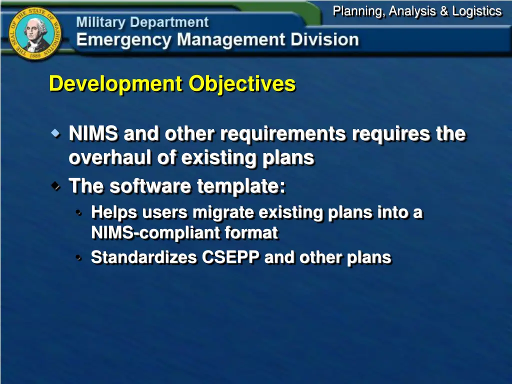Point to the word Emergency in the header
tap(123, 40)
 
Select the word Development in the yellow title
tap(116, 83)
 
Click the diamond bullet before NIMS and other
tap(55, 133)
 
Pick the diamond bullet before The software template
tap(55, 186)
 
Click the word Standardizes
tap(144, 257)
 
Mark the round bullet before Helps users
tap(79, 213)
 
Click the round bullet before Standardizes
tap(79, 258)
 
